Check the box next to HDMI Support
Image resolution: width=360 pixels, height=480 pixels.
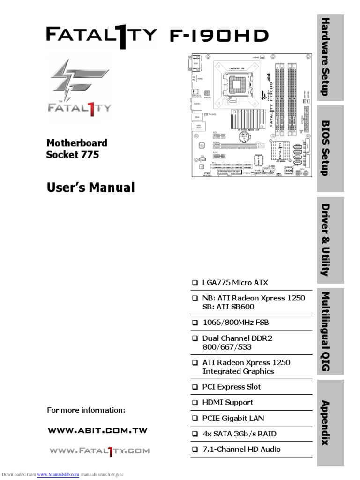tap(195, 403)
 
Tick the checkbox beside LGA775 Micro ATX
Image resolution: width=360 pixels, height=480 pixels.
tap(195, 283)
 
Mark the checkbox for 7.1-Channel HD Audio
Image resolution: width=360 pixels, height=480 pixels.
tap(195, 450)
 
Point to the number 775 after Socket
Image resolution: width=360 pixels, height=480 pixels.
tap(90, 154)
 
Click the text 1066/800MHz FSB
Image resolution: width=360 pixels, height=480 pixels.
tap(235, 322)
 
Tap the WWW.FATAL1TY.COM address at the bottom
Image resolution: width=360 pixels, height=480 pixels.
tap(99, 451)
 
